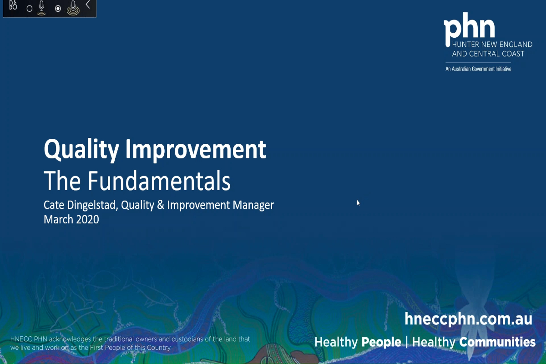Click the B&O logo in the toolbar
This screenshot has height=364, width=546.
tap(13, 7)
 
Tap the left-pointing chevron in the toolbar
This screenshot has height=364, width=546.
tap(87, 5)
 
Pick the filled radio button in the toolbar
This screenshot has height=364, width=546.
tap(58, 9)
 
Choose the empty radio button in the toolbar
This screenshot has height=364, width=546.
tap(30, 9)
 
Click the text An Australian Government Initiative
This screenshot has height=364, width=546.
tap(478, 69)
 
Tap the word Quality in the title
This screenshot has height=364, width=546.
tap(81, 149)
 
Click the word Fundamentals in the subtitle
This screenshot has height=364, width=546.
tap(159, 181)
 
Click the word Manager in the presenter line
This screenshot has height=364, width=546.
tap(253, 205)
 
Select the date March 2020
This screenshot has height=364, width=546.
tap(71, 219)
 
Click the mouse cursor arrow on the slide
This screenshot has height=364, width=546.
tap(358, 202)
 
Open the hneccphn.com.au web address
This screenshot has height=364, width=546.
tap(468, 319)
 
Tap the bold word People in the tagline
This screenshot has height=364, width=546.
tap(381, 342)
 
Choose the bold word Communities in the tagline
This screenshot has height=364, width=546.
tap(497, 342)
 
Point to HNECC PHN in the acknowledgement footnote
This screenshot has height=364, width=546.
tap(28, 339)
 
